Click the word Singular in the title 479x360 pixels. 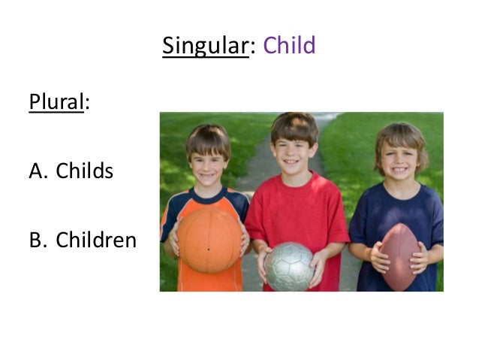coord(205,46)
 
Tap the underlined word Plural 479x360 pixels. coord(56,101)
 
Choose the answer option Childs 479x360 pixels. coord(84,171)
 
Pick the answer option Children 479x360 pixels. coord(96,240)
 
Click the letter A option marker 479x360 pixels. coord(38,171)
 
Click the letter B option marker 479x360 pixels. coord(38,240)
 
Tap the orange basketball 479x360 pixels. coord(208,240)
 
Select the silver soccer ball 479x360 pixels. coord(289,266)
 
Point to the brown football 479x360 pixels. coord(400,258)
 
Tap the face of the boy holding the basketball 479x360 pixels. coord(209,162)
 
